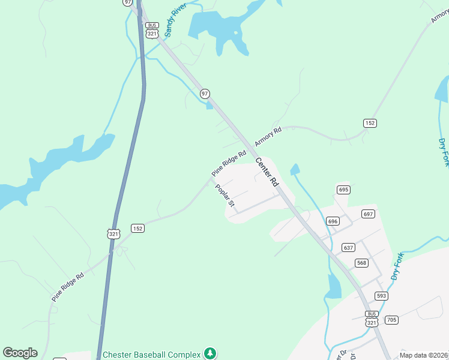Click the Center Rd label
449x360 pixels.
267,172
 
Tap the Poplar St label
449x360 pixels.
224,196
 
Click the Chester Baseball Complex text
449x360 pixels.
152,353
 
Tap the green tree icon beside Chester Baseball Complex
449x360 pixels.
209,353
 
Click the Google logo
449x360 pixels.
20,353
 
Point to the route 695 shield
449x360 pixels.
343,190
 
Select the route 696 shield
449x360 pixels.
333,221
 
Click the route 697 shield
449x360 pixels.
368,214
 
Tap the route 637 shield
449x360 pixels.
348,247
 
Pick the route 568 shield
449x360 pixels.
361,262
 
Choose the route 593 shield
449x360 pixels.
382,296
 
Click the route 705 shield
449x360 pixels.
391,319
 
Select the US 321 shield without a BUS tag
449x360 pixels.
113,233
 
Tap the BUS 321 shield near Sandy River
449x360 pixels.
152,30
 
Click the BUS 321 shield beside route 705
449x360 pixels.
372,319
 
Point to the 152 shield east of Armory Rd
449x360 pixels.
370,123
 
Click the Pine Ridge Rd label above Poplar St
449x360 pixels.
229,163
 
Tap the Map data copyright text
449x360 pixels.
424,355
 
